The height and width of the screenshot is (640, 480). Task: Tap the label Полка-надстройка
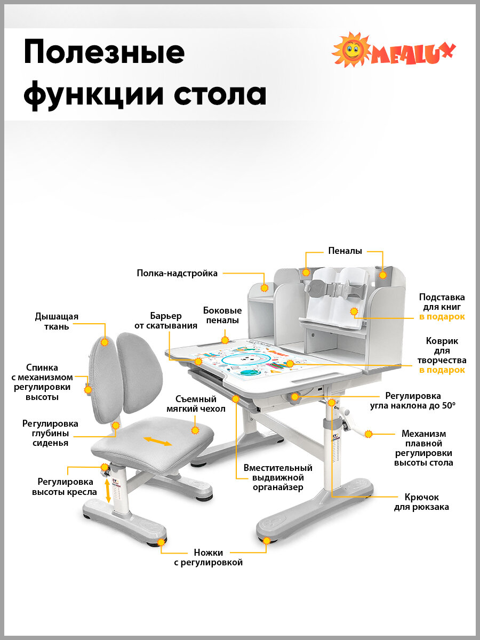click(177, 274)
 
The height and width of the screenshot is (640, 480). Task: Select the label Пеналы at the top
click(345, 251)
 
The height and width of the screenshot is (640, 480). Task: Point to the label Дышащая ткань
click(57, 322)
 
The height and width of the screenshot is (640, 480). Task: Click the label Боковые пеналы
click(222, 315)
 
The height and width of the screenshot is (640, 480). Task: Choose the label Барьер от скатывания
click(166, 321)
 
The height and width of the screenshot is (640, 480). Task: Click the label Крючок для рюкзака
click(421, 502)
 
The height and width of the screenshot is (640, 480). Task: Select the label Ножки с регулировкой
click(209, 557)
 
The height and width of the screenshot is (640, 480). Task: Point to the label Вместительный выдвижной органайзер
click(278, 477)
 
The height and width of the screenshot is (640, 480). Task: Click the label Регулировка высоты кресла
click(65, 486)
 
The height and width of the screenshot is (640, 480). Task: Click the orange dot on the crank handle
click(368, 434)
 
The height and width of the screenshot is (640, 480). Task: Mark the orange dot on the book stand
click(354, 311)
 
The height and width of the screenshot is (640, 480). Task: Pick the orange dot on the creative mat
click(290, 364)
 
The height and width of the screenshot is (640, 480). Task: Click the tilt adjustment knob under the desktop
click(295, 396)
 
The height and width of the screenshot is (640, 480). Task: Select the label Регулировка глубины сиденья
click(50, 433)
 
